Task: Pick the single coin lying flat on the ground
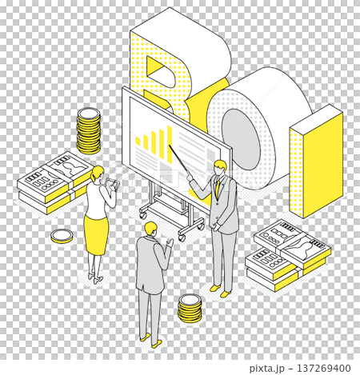[x=61, y=236]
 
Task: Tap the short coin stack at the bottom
[x=189, y=309]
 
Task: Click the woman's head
[x=98, y=174]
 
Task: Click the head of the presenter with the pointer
[x=220, y=168]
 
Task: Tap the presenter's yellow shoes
[x=215, y=287]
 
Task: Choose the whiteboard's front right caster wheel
[x=182, y=237]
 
